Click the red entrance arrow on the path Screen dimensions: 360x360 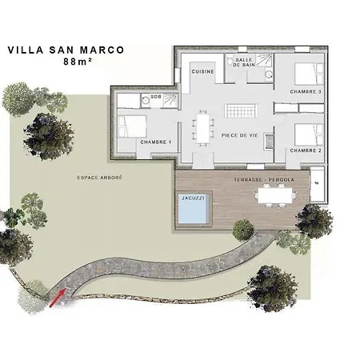[x=57, y=298]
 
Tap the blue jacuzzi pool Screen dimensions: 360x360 [x=193, y=209]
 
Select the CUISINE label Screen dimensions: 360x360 [x=203, y=71]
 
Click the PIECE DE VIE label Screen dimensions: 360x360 [x=240, y=135]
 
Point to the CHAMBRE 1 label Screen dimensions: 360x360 [x=156, y=142]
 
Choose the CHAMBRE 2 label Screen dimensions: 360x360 [x=306, y=150]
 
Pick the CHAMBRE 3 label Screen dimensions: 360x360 [x=306, y=92]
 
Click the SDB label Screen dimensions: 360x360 [x=156, y=97]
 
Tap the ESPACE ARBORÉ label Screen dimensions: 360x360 [x=99, y=178]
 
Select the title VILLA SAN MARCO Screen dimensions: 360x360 [x=66, y=50]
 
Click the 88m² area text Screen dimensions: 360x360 [x=78, y=62]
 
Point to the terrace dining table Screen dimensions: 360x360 [x=275, y=195]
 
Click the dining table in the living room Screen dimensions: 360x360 [x=203, y=129]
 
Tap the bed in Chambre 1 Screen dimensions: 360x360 [x=132, y=126]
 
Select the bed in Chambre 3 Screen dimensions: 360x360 [x=310, y=74]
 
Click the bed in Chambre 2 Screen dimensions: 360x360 [x=310, y=135]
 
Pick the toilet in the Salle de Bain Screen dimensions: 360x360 [x=230, y=62]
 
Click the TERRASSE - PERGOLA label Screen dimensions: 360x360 [x=264, y=180]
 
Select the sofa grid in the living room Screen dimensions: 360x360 [x=242, y=110]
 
